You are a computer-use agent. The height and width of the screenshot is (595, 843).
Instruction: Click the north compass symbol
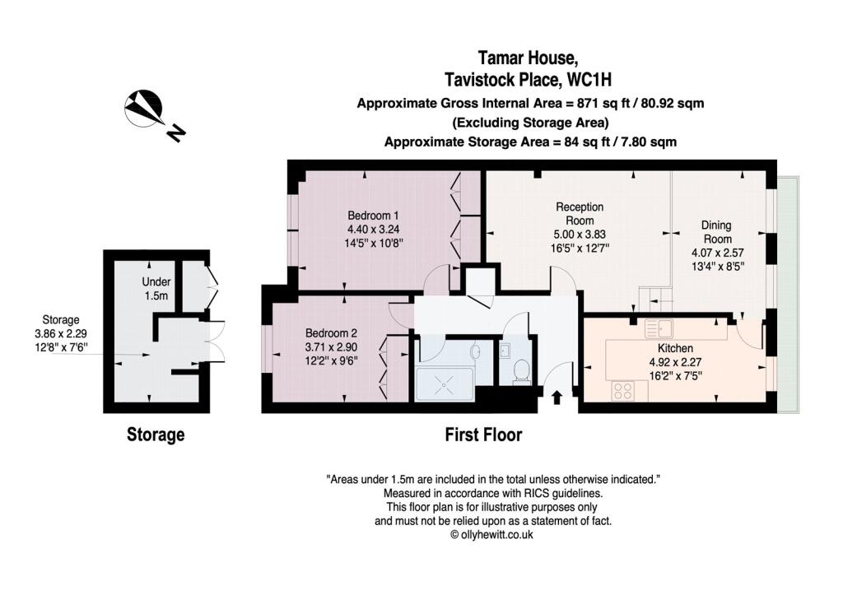(x=143, y=108)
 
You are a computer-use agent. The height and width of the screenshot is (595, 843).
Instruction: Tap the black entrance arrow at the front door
(x=557, y=397)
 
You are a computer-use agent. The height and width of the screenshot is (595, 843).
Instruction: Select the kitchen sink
(x=659, y=328)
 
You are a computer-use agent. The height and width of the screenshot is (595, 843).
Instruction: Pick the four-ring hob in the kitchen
(x=622, y=391)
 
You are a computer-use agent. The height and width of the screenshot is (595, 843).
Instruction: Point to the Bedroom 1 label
(x=373, y=216)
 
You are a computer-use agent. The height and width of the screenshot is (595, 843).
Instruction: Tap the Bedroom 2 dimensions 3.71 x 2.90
(x=331, y=347)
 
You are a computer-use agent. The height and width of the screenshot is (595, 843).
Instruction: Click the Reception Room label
(x=580, y=213)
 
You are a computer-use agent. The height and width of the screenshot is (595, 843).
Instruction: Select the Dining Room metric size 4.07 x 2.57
(x=717, y=253)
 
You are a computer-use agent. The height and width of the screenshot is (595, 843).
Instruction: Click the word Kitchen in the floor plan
(x=675, y=348)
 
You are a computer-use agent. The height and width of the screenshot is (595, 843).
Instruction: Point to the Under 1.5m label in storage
(x=156, y=289)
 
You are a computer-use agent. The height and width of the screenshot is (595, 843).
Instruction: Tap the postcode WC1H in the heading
(x=590, y=80)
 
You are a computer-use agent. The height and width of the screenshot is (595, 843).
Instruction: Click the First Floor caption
(x=483, y=435)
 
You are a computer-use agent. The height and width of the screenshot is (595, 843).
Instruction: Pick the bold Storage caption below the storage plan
(x=156, y=435)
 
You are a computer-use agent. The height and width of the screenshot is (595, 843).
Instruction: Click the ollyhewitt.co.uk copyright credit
(x=492, y=535)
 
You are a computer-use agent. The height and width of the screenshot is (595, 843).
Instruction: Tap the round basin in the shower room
(x=476, y=351)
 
